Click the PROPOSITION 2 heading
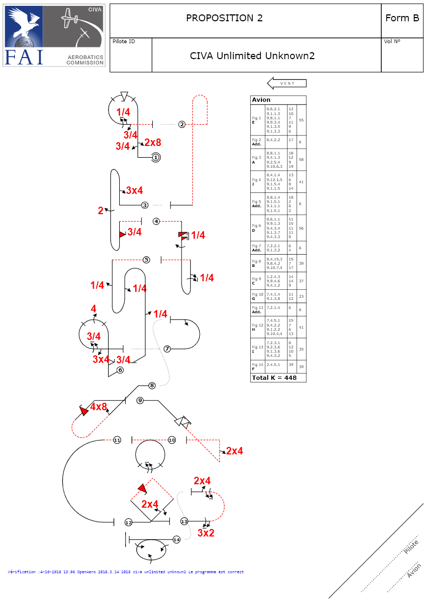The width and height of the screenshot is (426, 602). click(224, 18)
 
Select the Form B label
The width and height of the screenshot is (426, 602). click(402, 18)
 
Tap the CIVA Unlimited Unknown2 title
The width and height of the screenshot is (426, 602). click(252, 55)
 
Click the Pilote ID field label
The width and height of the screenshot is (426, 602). click(124, 42)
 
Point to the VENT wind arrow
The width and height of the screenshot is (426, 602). click(286, 83)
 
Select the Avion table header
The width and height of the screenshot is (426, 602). click(261, 100)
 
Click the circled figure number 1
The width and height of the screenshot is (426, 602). click(155, 157)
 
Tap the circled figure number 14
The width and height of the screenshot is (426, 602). click(176, 540)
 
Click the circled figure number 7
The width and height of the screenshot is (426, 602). click(167, 349)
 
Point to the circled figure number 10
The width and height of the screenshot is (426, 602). click(171, 440)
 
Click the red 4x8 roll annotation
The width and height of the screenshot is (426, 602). click(99, 406)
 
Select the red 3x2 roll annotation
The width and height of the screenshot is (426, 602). click(206, 533)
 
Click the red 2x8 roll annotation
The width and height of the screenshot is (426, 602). click(152, 142)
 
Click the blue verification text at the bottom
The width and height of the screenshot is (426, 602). click(126, 572)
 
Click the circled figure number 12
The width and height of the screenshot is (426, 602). click(128, 523)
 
